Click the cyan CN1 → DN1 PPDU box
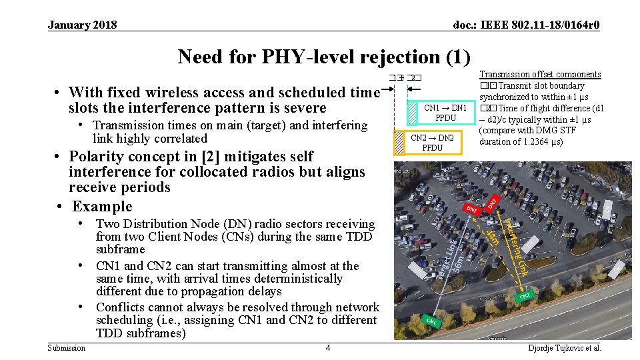click(445, 112)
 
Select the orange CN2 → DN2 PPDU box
click(432, 142)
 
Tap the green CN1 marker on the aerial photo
click(432, 321)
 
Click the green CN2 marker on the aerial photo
click(525, 295)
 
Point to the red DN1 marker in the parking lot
click(473, 210)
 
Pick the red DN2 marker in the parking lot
click(492, 201)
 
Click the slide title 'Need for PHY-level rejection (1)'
click(324, 57)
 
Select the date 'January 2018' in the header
click(82, 25)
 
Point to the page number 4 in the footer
click(327, 348)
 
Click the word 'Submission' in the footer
click(67, 348)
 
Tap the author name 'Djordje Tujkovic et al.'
click(565, 348)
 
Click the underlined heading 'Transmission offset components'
click(540, 75)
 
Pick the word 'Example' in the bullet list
click(103, 206)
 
